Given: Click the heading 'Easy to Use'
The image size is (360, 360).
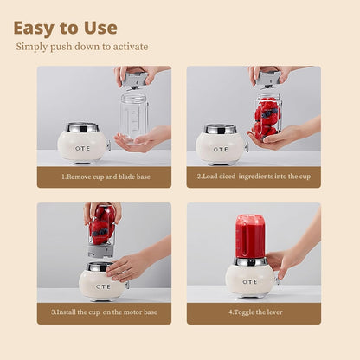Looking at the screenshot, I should [65, 28].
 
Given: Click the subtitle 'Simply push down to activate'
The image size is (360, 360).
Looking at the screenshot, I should [82, 47].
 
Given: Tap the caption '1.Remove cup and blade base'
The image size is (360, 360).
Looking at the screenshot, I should [104, 177].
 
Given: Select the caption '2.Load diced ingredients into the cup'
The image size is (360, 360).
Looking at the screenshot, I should [253, 177].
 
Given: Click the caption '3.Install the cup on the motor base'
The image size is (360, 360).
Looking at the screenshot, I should [104, 312].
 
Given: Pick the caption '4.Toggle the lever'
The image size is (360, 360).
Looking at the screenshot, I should [253, 312].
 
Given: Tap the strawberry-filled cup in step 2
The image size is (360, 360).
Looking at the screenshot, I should [267, 117].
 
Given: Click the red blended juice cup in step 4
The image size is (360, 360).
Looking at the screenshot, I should [250, 235].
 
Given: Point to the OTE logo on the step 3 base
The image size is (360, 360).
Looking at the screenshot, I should [103, 286].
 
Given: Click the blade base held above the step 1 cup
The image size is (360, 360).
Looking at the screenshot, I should [134, 80].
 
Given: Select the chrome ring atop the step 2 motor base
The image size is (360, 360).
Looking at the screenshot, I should [220, 128].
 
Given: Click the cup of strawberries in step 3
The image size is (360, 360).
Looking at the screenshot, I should [103, 225].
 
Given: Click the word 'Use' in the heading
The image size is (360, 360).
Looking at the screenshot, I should [98, 28].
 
